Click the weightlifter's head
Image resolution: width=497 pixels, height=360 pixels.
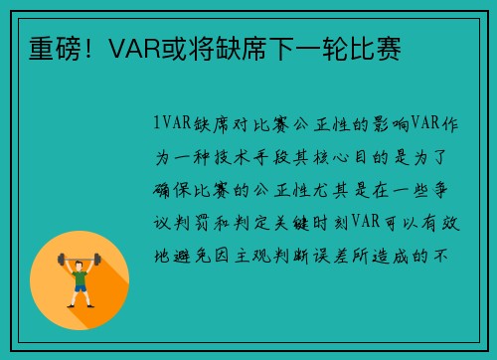coord(80,262)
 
